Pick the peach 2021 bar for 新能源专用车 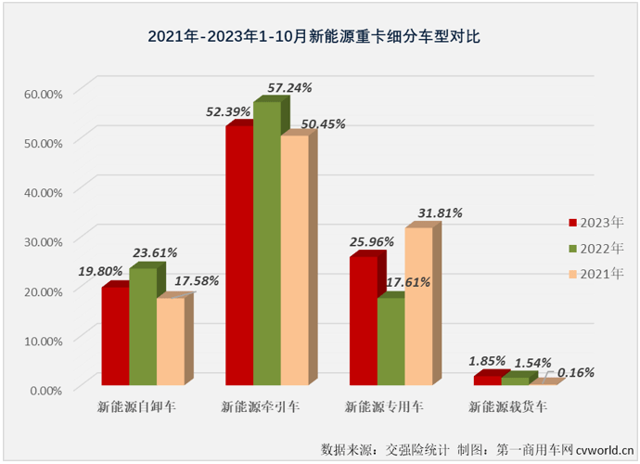(418, 306)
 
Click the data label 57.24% (289, 87)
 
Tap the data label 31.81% (439, 213)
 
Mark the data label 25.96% (372, 241)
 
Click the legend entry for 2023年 (596, 223)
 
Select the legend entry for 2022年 (596, 248)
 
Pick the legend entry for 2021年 (596, 274)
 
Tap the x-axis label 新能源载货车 (507, 406)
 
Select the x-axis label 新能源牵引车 (260, 406)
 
